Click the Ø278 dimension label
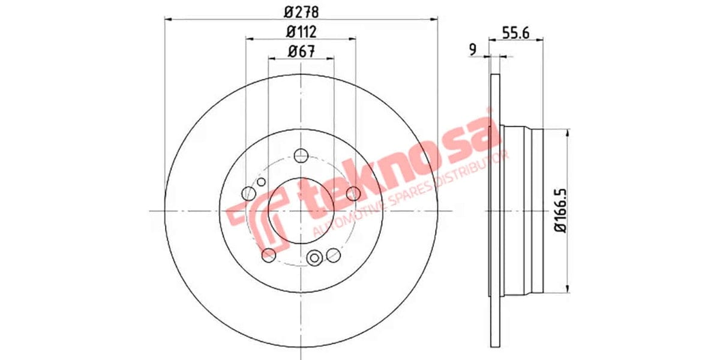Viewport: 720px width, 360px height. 301,11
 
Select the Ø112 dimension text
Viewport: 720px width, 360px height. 301,31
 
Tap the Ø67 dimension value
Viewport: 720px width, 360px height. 301,52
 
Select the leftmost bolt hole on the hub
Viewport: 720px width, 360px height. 248,193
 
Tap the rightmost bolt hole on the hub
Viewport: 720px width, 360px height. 353,193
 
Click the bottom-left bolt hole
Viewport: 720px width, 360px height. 269,255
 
